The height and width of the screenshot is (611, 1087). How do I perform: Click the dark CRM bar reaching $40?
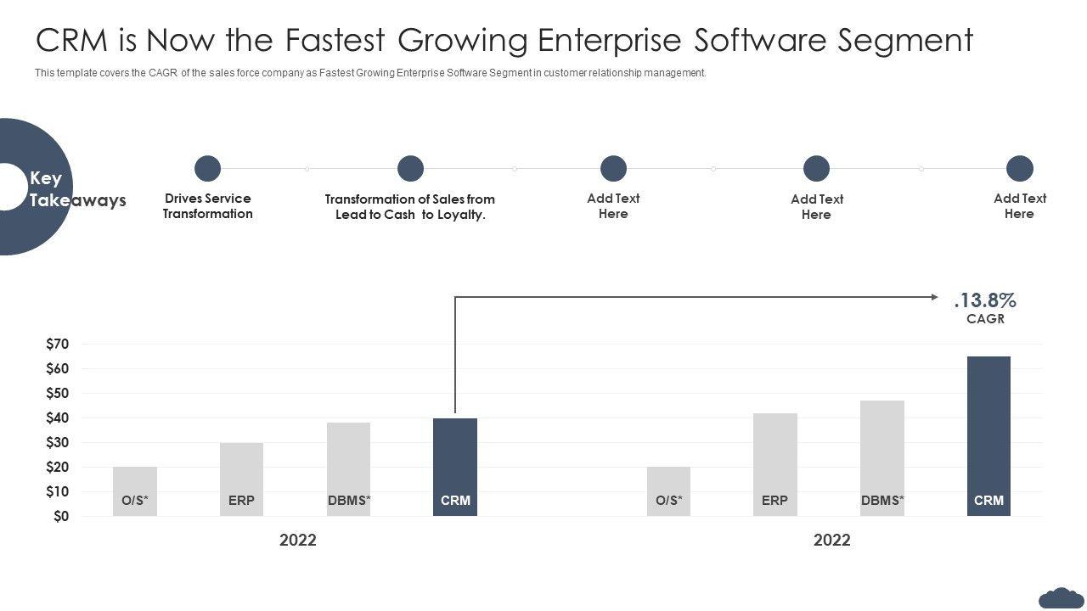tap(455, 467)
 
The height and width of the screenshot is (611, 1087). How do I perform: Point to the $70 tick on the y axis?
tap(58, 344)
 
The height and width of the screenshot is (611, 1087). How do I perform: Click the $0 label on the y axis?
tap(61, 516)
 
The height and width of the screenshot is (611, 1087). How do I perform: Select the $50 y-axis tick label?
tap(58, 393)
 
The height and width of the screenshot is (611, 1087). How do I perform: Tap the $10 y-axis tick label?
tap(58, 491)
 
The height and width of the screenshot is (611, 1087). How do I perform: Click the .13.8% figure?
tap(985, 300)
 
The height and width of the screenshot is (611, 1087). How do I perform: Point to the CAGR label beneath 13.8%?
tap(985, 319)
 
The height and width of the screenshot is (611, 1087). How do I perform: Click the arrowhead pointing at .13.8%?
tap(934, 297)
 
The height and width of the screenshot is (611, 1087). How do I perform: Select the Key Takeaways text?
tap(76, 189)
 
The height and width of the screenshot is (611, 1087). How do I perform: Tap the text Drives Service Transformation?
tap(208, 206)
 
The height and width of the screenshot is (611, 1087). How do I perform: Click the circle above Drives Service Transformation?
tap(207, 168)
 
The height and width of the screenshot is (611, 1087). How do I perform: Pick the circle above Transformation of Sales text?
tap(410, 168)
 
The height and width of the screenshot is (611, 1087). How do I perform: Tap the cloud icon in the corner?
tap(1060, 597)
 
